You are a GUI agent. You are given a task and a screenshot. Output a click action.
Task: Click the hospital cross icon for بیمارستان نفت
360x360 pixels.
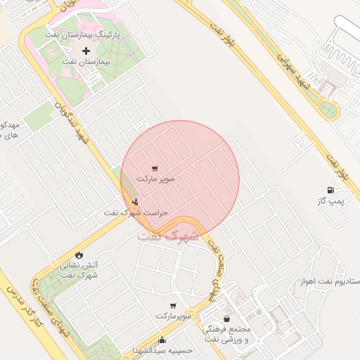tap(86, 51)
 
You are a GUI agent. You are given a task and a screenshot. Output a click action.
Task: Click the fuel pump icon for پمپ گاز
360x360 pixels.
tap(330, 190)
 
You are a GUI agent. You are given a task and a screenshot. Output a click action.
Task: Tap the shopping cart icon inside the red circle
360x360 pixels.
tap(155, 168)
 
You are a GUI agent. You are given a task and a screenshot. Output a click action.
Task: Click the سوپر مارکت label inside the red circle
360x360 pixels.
tap(155, 179)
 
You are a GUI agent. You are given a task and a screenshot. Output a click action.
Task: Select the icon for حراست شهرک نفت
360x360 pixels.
tap(136, 202)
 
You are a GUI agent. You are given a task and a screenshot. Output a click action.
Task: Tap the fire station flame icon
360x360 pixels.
tap(78, 255)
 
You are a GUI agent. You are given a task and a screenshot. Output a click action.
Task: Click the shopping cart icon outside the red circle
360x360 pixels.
tap(173, 306)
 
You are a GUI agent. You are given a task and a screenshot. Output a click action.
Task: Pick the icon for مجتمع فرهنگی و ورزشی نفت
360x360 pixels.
tap(226, 319)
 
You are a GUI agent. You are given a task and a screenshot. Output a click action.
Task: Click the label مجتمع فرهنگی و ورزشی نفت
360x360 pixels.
tap(226, 334)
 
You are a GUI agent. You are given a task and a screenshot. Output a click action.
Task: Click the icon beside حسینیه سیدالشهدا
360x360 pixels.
tap(162, 341)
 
